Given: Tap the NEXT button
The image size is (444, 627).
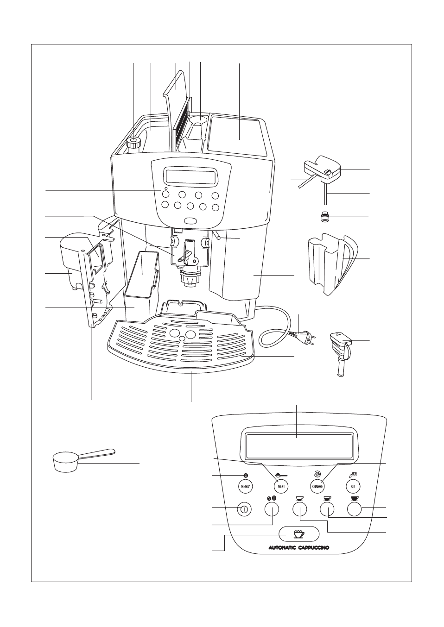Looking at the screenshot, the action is (281, 486).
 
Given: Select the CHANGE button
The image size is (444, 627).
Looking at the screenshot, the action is (317, 486).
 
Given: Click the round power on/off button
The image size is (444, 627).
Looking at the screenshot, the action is (244, 509).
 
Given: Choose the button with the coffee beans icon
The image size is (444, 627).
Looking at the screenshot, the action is (272, 509).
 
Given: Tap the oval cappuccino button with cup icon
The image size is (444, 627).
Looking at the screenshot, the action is (299, 534).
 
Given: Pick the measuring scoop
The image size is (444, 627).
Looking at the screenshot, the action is (70, 461).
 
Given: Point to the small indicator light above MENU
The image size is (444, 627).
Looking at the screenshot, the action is (246, 476).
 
